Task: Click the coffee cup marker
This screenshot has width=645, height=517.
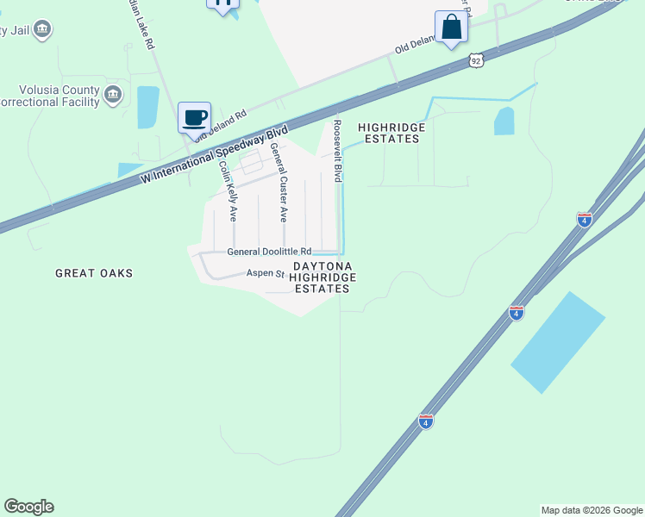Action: [x=194, y=118]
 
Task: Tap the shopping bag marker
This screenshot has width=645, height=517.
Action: [x=451, y=28]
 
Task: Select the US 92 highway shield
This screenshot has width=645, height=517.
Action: [x=476, y=60]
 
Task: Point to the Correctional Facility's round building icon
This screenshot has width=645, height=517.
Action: [x=112, y=93]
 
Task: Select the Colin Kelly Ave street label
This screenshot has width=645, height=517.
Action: [x=227, y=191]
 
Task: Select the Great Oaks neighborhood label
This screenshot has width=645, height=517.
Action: [x=94, y=273]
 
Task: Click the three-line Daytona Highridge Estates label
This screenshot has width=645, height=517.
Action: [x=322, y=277]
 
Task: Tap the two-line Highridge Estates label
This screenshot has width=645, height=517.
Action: [x=391, y=133]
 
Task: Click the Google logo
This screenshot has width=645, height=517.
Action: [x=28, y=507]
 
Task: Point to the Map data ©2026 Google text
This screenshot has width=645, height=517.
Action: [x=592, y=510]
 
